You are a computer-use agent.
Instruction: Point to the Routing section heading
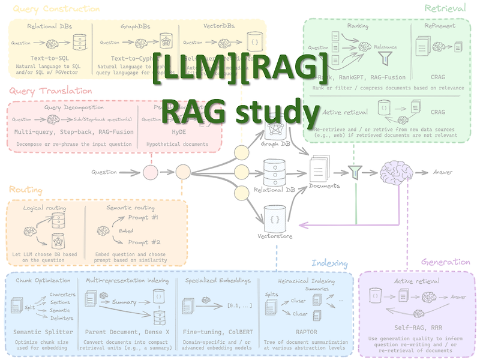pos(26,190)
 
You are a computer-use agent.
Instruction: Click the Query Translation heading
pos(50,91)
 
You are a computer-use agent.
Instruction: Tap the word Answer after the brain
pos(443,172)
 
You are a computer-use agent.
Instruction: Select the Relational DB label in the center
pos(274,191)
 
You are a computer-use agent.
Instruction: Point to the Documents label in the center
pos(324,186)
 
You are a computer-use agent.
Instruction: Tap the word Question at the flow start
pos(104,173)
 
